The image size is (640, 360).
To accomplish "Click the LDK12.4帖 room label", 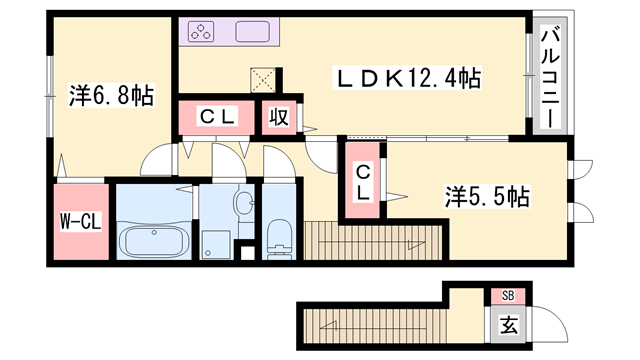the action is [407, 78].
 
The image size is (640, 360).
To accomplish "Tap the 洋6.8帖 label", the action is [111, 96].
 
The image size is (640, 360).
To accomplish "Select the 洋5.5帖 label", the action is [487, 197].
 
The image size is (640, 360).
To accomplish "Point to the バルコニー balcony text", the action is [550, 77].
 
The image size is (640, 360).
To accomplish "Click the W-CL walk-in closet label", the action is [81, 222].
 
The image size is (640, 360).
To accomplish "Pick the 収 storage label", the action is [279, 117].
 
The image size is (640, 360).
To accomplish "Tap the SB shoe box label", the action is [508, 296].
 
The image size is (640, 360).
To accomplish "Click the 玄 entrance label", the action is [509, 325].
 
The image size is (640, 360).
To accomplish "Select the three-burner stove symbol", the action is [201, 31].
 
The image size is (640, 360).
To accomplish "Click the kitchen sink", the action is [252, 31].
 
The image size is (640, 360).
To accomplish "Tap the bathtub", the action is [154, 242].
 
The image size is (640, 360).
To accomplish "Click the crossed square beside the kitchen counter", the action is [263, 80].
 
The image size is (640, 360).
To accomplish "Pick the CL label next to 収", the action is [217, 117].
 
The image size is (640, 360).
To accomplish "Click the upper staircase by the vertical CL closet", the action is [373, 240].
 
